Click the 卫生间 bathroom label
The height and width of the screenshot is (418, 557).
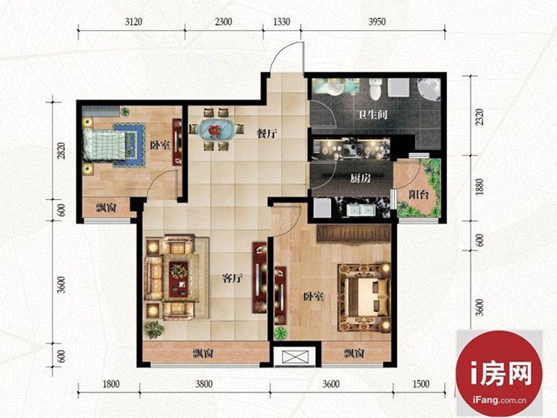click(x=372, y=114)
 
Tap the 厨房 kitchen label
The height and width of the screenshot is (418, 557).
click(x=360, y=178)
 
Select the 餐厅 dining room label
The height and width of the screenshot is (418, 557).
click(x=267, y=134)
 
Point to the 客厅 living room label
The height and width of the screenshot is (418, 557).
click(x=233, y=278)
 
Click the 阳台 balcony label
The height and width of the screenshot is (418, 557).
click(x=418, y=194)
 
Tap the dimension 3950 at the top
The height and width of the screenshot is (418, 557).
click(x=377, y=22)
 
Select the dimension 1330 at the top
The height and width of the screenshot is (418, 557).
click(x=281, y=22)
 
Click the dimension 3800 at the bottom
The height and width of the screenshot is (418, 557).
click(x=204, y=384)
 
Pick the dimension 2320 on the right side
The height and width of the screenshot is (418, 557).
click(x=479, y=116)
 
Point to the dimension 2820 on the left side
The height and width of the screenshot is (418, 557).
click(x=61, y=150)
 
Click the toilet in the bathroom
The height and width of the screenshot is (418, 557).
click(x=375, y=89)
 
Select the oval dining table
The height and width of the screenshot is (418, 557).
click(x=216, y=129)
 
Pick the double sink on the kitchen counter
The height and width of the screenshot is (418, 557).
click(x=361, y=210)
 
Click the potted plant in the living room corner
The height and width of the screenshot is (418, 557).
click(x=155, y=330)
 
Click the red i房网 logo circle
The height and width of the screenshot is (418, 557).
click(x=499, y=373)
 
